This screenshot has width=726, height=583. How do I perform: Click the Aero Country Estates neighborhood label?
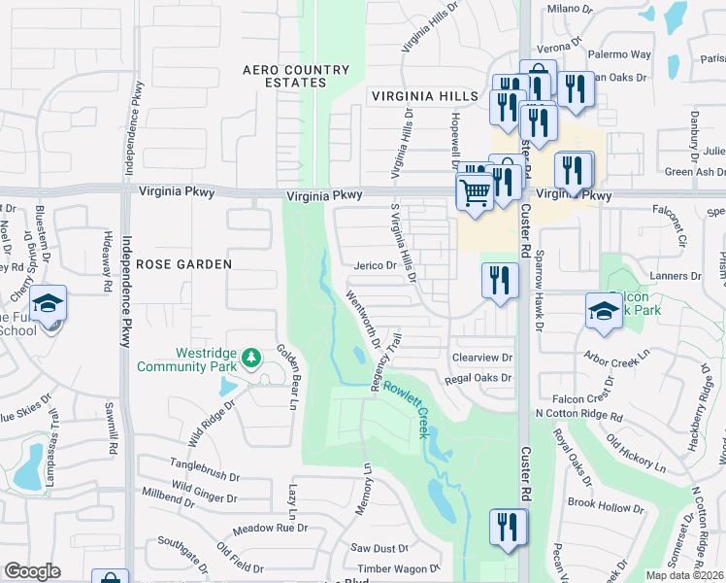tap(296, 76)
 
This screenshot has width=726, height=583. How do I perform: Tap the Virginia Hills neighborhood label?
tap(424, 96)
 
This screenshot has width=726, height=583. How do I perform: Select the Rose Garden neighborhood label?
tap(183, 263)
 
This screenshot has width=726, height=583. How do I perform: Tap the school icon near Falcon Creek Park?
tap(604, 311)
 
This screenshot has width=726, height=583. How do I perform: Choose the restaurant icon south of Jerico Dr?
tap(500, 281)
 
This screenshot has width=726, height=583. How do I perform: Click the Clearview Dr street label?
tap(479, 357)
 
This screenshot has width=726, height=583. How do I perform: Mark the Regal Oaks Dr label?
tap(480, 378)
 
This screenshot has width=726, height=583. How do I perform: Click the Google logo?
tap(32, 570)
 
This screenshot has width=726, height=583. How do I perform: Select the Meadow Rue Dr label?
tap(270, 529)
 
